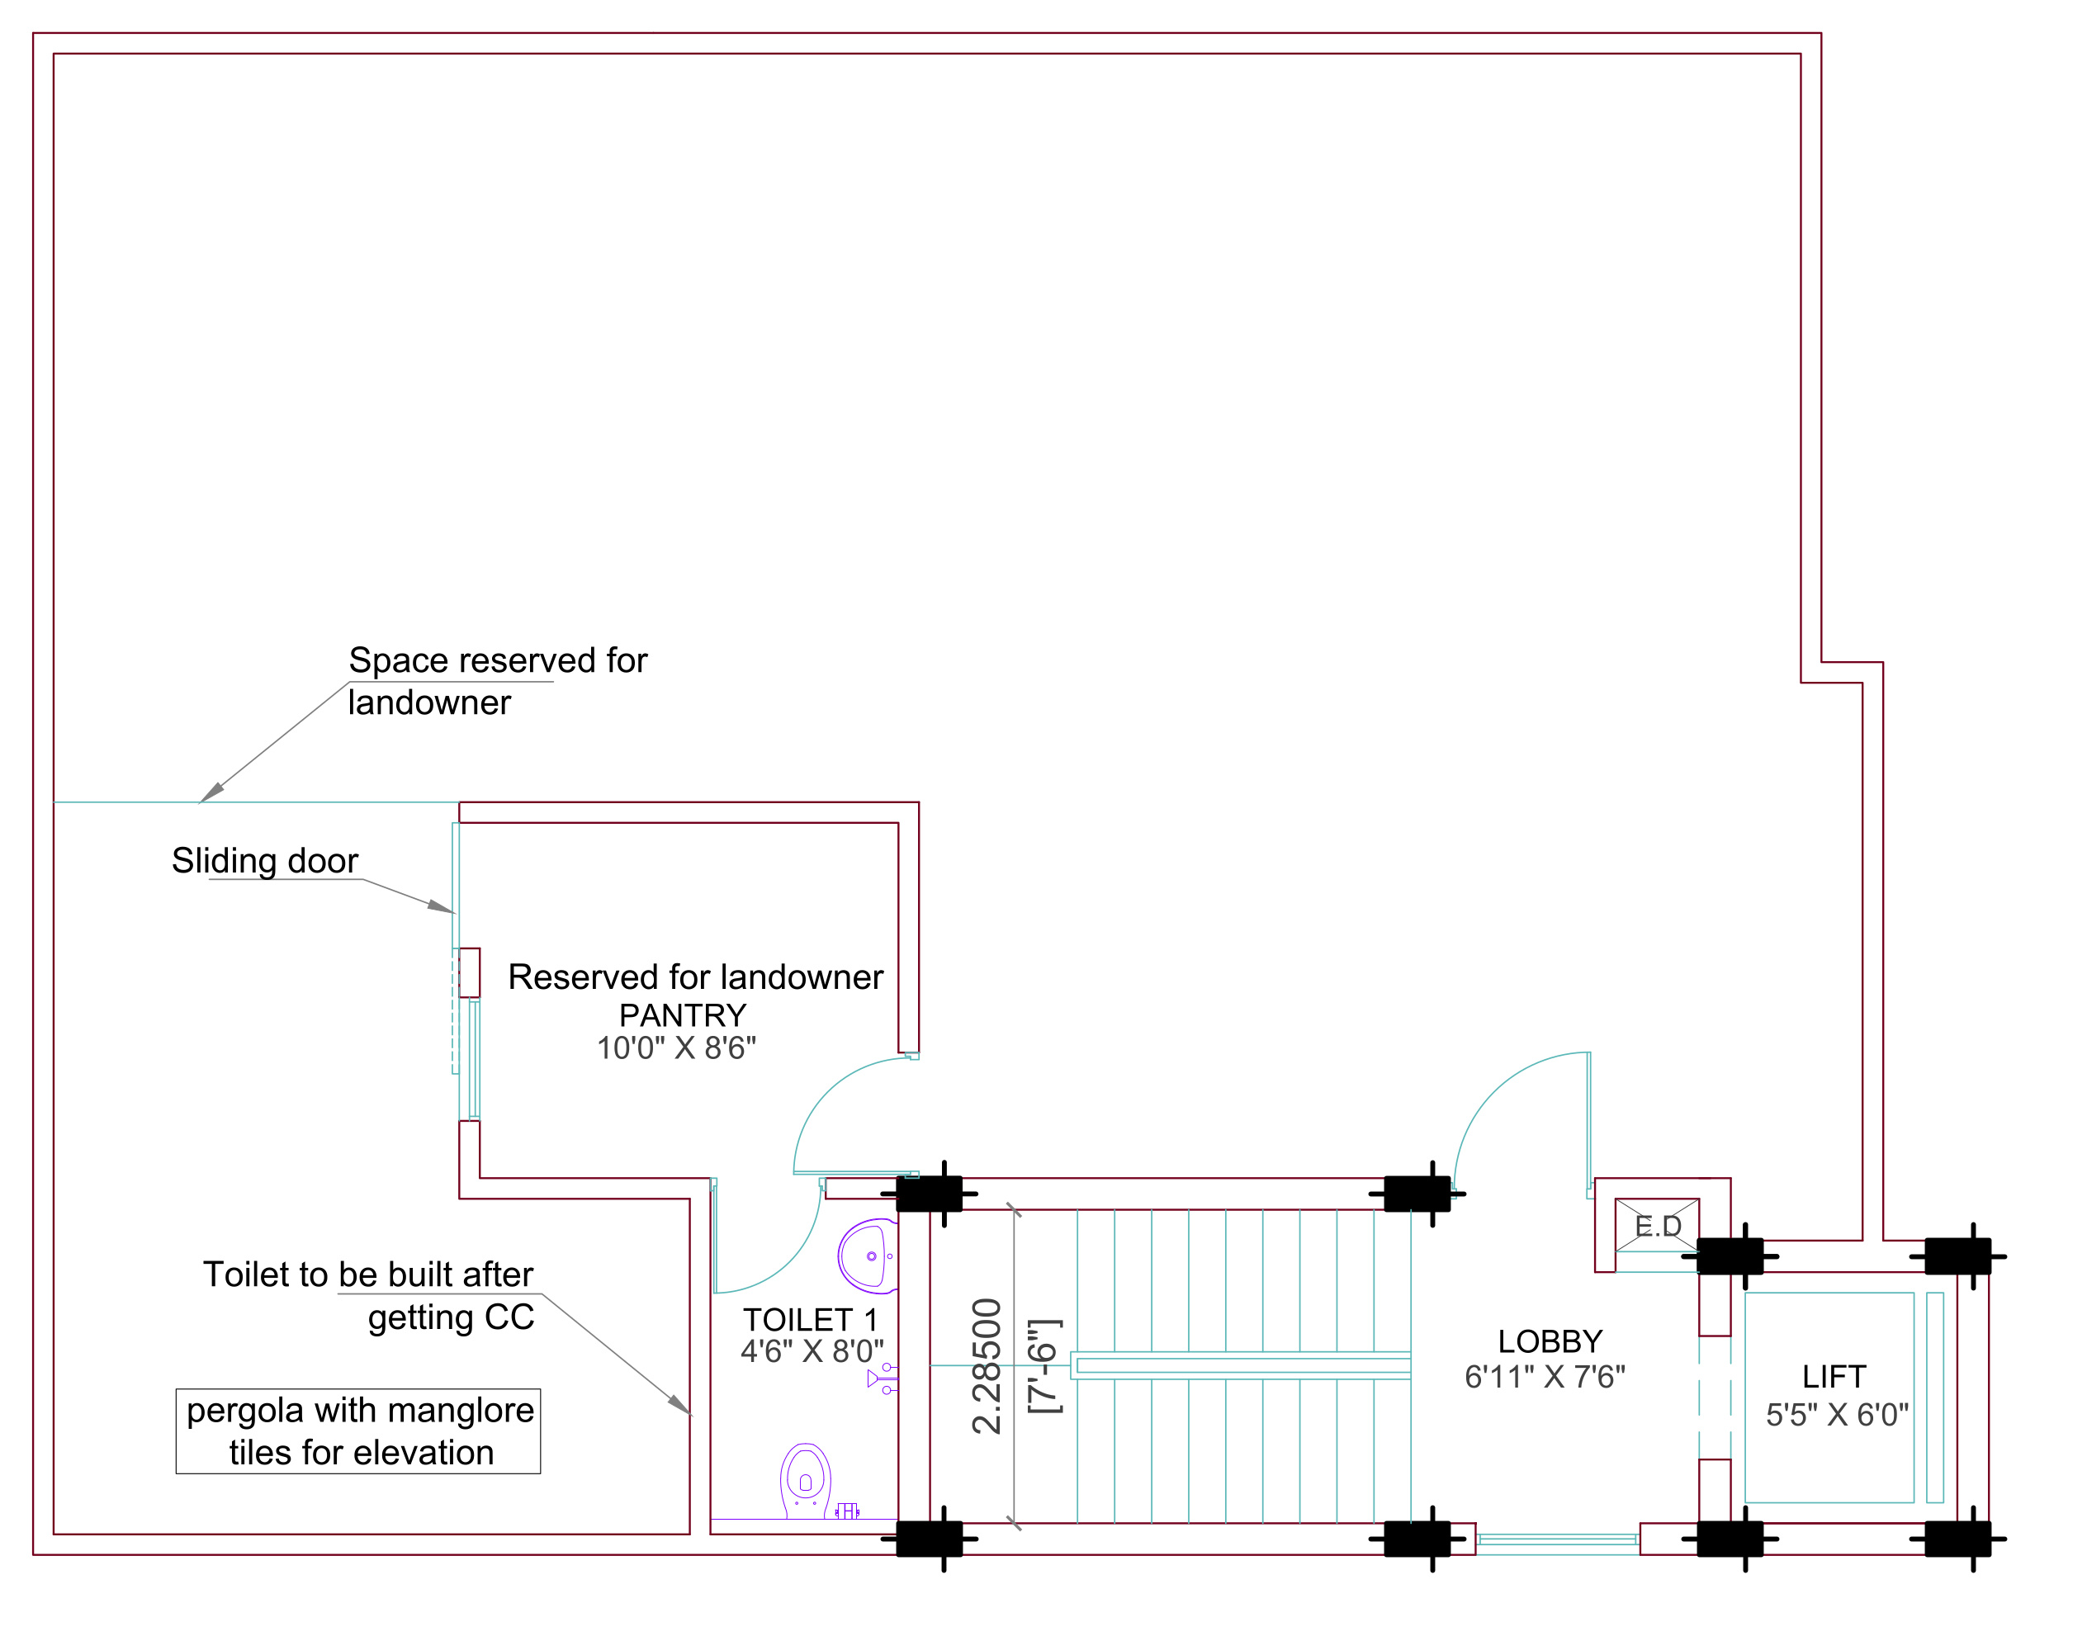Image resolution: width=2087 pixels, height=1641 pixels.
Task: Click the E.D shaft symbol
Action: pyautogui.click(x=1657, y=1225)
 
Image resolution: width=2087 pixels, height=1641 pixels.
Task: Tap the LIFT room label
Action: pyautogui.click(x=1834, y=1377)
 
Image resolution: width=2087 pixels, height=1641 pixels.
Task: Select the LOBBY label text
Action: pyautogui.click(x=1550, y=1341)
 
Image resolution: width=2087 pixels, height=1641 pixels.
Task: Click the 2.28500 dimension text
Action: pyautogui.click(x=987, y=1365)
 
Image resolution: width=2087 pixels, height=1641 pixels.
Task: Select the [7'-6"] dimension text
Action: pyautogui.click(x=1044, y=1365)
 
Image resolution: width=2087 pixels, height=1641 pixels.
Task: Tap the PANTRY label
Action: pyautogui.click(x=682, y=1015)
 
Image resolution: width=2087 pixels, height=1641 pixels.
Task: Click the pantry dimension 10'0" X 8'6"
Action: pyautogui.click(x=676, y=1048)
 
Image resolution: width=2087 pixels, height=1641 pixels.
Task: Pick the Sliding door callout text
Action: pyautogui.click(x=265, y=861)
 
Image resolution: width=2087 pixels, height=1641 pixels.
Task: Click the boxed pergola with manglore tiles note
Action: pyautogui.click(x=358, y=1431)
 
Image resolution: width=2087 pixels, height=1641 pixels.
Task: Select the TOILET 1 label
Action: pyautogui.click(x=810, y=1320)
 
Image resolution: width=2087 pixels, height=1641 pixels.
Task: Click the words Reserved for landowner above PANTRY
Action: pyautogui.click(x=695, y=977)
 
